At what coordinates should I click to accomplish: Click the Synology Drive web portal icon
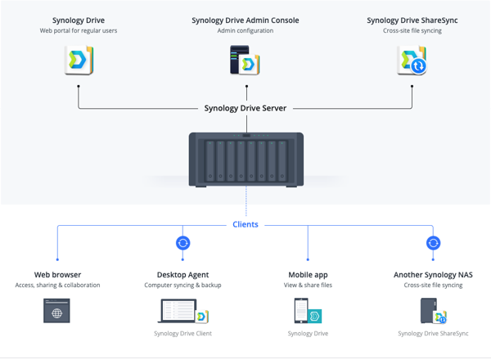coord(79,60)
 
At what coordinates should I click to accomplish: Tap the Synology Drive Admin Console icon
coord(245,60)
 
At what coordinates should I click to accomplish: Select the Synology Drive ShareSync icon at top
coord(412,60)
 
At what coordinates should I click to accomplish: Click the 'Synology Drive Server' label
coord(245,108)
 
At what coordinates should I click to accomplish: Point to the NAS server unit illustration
coord(246,160)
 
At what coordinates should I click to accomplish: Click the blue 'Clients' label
coord(245,224)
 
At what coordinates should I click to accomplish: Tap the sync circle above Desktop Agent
coord(182,243)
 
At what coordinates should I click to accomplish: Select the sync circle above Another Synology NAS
coord(433,243)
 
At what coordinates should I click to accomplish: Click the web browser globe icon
coord(56,311)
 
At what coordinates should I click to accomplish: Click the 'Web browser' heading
coord(57,275)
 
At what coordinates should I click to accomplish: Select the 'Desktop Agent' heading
coord(182,275)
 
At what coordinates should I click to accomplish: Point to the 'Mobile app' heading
coord(309,275)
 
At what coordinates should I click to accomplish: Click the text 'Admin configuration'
coord(245,30)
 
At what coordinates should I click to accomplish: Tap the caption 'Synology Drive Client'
coord(182,334)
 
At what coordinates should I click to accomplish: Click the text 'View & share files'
coord(309,286)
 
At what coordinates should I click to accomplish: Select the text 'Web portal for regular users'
coord(79,30)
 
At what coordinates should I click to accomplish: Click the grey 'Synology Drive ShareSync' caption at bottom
coord(433,334)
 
